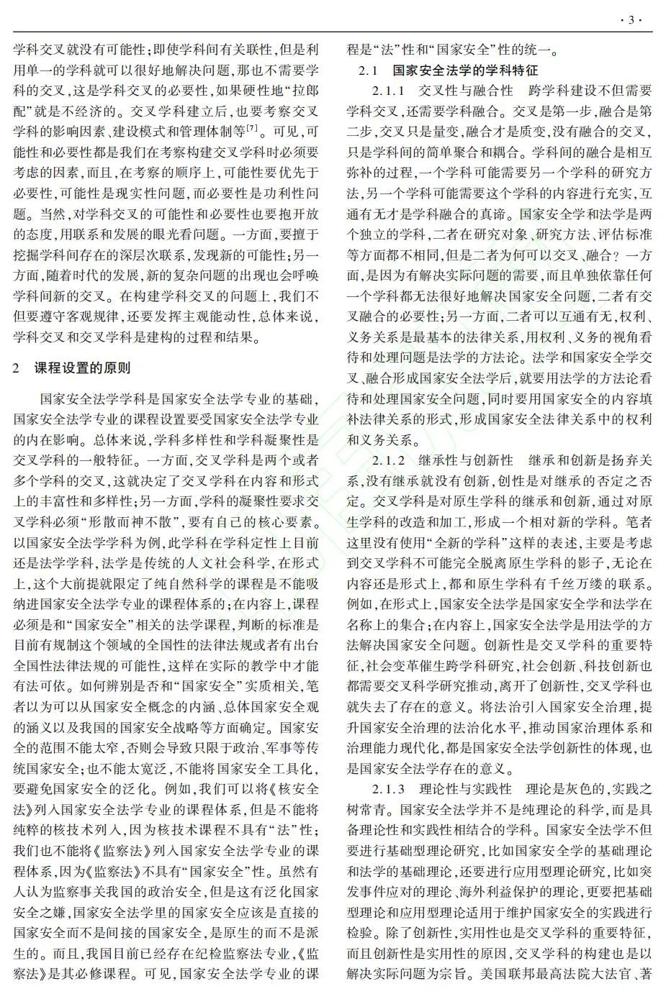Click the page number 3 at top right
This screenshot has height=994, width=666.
point(631,19)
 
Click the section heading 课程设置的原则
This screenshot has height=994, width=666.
point(83,368)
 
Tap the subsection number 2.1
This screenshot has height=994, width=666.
point(369,70)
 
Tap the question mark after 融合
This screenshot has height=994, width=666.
point(618,255)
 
